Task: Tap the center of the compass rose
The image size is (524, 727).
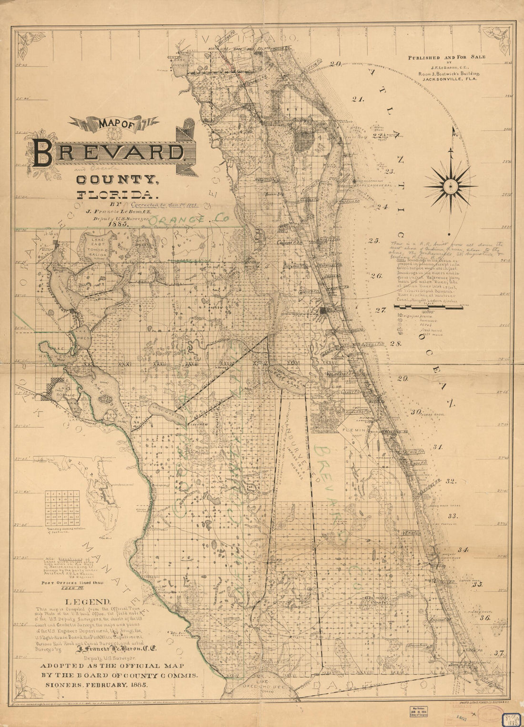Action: click(450, 183)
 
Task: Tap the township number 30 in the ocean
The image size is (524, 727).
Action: click(416, 412)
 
